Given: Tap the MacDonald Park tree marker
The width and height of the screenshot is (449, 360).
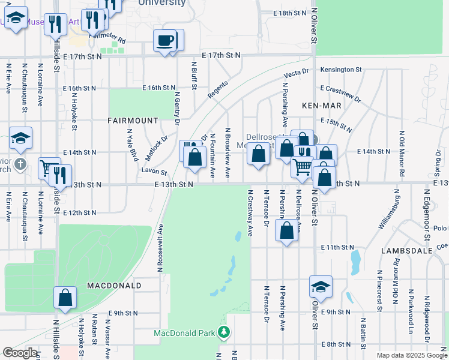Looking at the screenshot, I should pos(224,332).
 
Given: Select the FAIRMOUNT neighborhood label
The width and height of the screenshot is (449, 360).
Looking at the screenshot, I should pos(133,120).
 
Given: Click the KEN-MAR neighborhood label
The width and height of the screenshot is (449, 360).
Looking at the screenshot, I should pos(318,106).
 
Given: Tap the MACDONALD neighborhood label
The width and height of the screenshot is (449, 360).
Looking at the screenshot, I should pos(113,286).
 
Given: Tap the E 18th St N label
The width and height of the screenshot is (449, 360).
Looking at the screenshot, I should pos(289,13).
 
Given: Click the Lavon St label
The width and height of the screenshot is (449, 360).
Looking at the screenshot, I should pos(154,171).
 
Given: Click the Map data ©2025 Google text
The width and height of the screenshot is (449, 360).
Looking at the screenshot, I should pos(411,355).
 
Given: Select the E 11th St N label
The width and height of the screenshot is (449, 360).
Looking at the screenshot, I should pos(339,247).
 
